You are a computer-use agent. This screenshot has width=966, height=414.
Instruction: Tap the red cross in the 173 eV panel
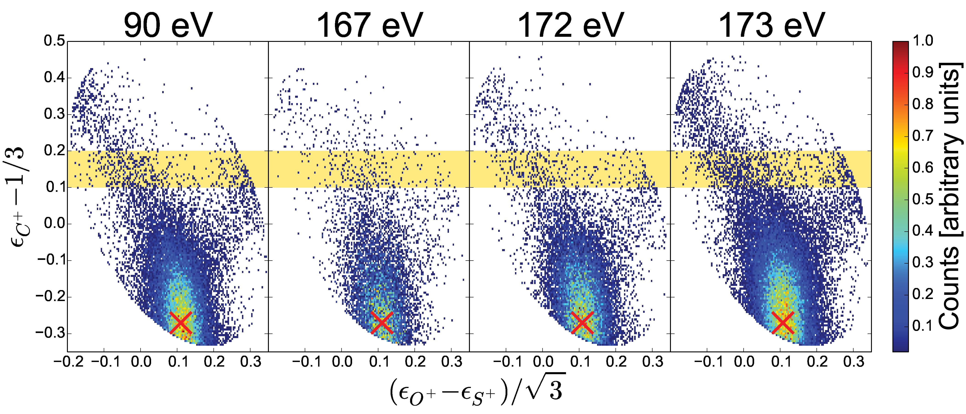783,322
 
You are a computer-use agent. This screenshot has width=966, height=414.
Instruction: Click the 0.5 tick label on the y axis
54,41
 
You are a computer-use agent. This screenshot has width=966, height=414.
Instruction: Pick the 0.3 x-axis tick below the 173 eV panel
854,362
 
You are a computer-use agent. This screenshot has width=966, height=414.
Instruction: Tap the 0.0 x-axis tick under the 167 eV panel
342,362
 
